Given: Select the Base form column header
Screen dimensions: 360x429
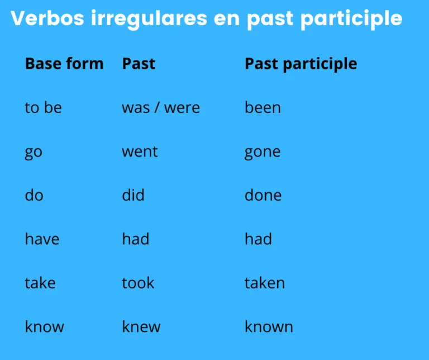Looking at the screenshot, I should (64, 64).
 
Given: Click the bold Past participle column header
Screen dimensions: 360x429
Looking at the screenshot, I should (301, 64).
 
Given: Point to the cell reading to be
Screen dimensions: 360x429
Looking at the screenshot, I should (43, 107).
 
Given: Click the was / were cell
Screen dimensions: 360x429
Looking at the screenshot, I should (161, 107).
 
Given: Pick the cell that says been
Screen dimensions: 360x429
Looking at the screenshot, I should (263, 107).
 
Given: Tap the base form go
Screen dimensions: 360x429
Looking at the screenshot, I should (34, 152).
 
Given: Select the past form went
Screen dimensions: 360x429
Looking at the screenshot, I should (140, 151).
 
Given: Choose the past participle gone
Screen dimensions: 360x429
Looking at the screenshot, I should (263, 152).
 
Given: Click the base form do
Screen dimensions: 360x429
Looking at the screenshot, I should (34, 195).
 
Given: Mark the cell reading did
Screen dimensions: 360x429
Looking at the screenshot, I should (133, 195).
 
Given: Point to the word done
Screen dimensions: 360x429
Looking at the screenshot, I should (263, 195).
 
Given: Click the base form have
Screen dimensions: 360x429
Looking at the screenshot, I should (42, 239).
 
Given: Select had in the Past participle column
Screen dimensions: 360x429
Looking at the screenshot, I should (258, 239).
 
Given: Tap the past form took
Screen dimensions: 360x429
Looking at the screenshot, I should (138, 282).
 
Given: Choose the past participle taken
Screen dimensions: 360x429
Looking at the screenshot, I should (265, 282).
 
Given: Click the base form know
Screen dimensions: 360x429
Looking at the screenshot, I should (44, 326).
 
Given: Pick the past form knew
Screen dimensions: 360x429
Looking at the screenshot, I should (141, 326).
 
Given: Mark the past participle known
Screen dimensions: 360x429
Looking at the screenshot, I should (269, 326).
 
